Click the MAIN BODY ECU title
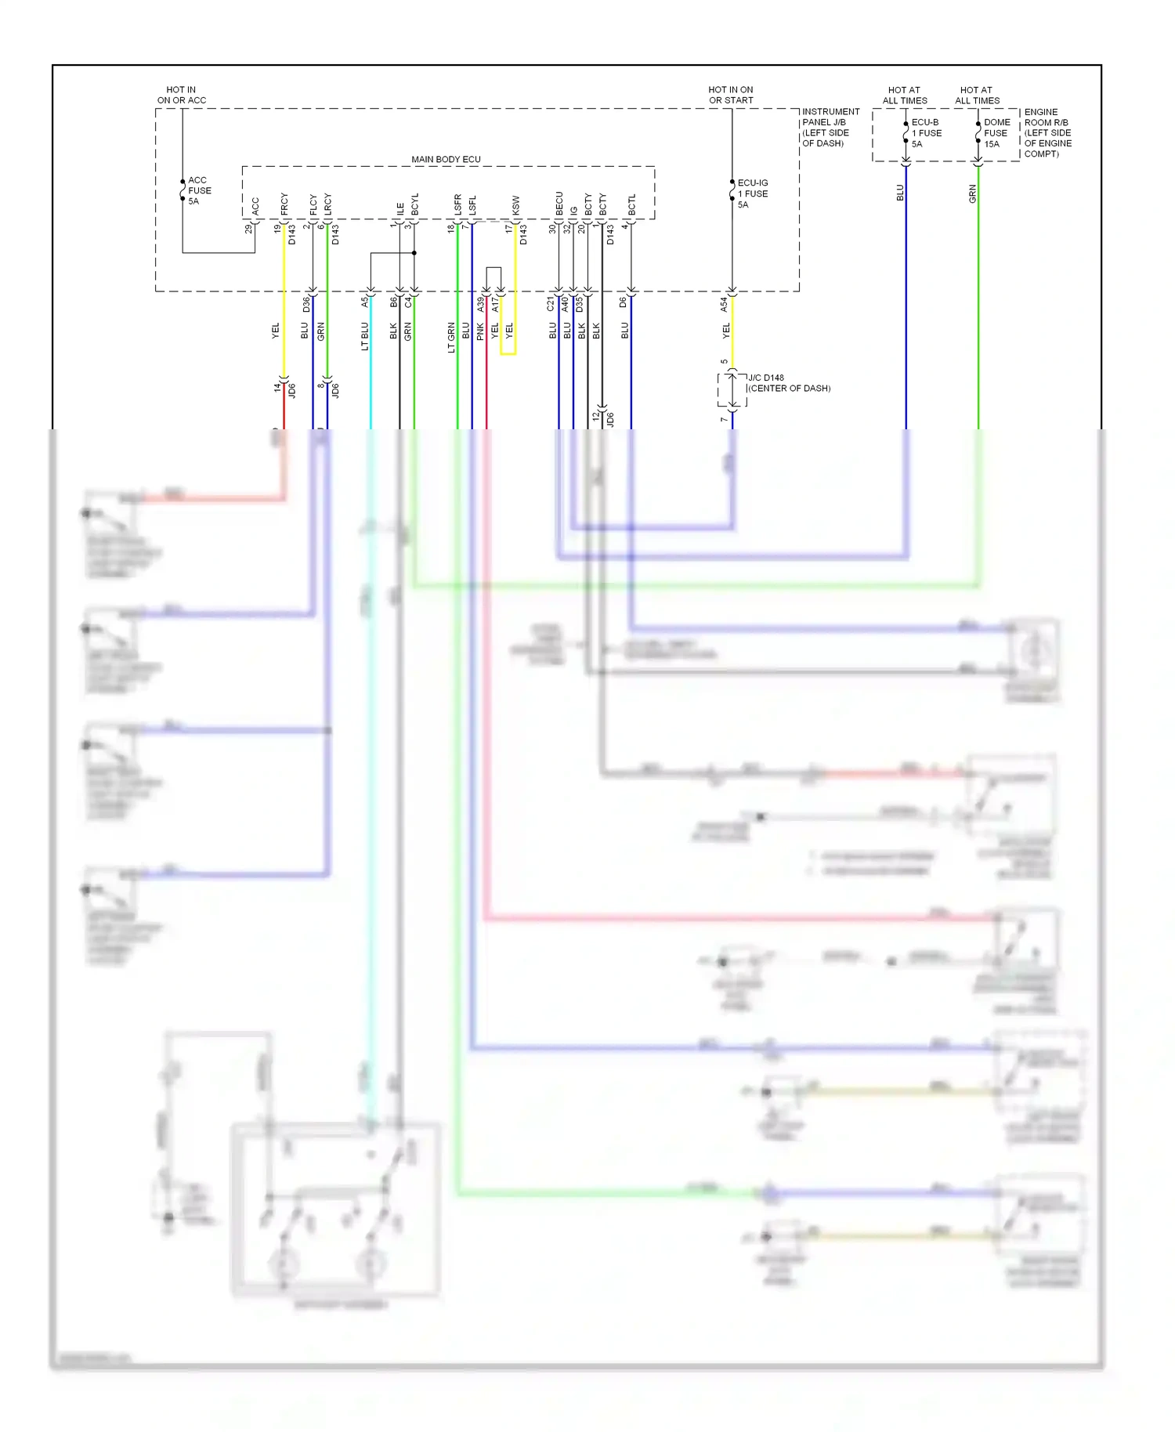(x=446, y=159)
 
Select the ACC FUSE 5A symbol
(x=183, y=190)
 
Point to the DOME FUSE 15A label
(x=996, y=133)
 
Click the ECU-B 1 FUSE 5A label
(x=925, y=133)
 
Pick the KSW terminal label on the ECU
(x=515, y=205)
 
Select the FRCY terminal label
(x=284, y=204)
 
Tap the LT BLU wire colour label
(x=364, y=336)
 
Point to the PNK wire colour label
(x=480, y=332)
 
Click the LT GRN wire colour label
(x=451, y=337)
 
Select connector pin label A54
(x=724, y=304)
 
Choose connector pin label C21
(x=551, y=304)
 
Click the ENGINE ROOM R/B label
(x=1047, y=133)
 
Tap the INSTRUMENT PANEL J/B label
(x=830, y=127)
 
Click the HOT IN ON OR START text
(x=730, y=95)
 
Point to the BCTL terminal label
(x=631, y=205)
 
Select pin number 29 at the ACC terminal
(x=248, y=229)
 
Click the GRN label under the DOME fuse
(x=972, y=193)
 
